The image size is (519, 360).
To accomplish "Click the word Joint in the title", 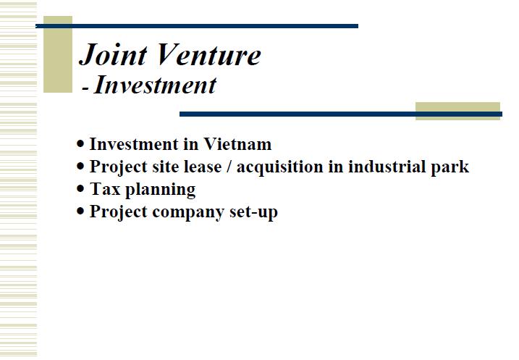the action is pyautogui.click(x=113, y=54).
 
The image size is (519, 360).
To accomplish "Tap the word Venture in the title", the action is pyautogui.click(x=209, y=54).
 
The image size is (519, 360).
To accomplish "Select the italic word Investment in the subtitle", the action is pyautogui.click(x=155, y=85).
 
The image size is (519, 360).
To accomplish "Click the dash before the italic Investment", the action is pyautogui.click(x=85, y=89).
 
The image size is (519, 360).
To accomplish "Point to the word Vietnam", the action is pyautogui.click(x=237, y=144).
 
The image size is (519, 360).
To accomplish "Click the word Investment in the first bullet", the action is pyautogui.click(x=134, y=144).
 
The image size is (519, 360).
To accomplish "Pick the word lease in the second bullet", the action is pyautogui.click(x=203, y=167).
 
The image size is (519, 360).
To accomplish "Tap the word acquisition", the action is pyautogui.click(x=279, y=167).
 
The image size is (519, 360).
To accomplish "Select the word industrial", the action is pyautogui.click(x=387, y=167).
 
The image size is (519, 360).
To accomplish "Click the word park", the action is pyautogui.click(x=450, y=167).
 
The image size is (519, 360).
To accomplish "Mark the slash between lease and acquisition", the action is pyautogui.click(x=229, y=167).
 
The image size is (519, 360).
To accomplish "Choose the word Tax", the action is pyautogui.click(x=105, y=189).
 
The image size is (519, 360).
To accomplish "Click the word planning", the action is pyautogui.click(x=161, y=190).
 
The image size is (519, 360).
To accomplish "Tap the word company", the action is pyautogui.click(x=188, y=213).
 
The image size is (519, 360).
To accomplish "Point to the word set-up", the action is pyautogui.click(x=253, y=212).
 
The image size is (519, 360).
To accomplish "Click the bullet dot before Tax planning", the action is pyautogui.click(x=80, y=189).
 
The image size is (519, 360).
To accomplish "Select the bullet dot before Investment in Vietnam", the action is pyautogui.click(x=80, y=143).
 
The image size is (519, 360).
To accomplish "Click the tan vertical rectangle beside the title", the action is pyautogui.click(x=58, y=54).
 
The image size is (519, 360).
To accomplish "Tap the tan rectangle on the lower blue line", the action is pyautogui.click(x=457, y=111).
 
